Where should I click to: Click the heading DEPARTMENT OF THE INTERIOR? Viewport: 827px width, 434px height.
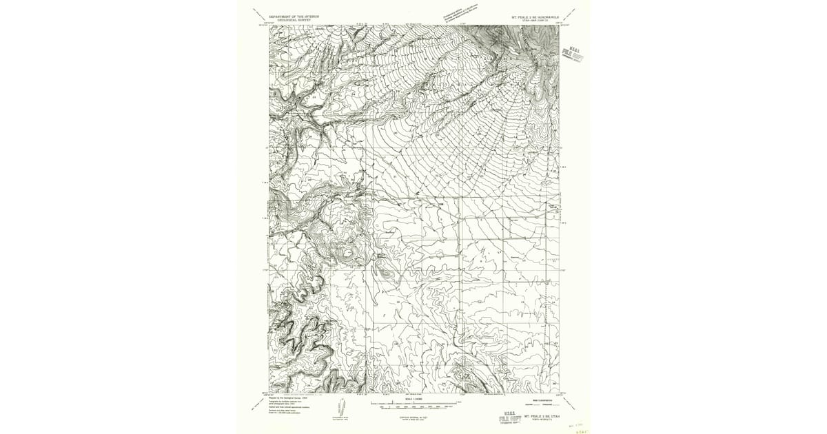click(295, 16)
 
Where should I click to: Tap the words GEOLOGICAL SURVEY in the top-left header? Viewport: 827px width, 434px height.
click(295, 21)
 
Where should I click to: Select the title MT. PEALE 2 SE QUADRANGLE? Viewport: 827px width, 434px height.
click(533, 17)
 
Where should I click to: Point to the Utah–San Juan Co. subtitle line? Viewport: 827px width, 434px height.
click(533, 21)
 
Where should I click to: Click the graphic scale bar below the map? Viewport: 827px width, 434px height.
click(413, 403)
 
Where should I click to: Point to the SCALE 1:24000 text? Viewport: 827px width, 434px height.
click(413, 398)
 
